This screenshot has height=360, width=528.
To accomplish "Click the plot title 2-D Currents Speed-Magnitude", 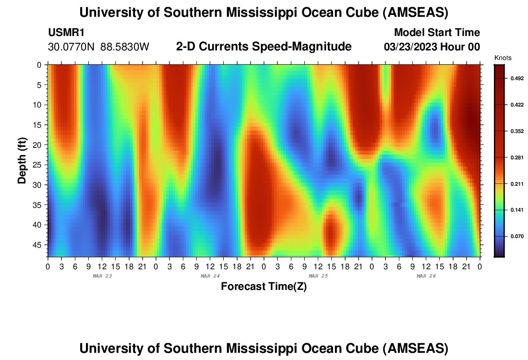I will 264,47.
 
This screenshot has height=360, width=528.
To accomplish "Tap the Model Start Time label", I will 437,33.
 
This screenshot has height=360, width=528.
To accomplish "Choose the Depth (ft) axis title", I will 22,161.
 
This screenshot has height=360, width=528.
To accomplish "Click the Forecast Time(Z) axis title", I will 264,287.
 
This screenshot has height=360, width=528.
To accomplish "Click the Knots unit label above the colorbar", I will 503,58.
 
